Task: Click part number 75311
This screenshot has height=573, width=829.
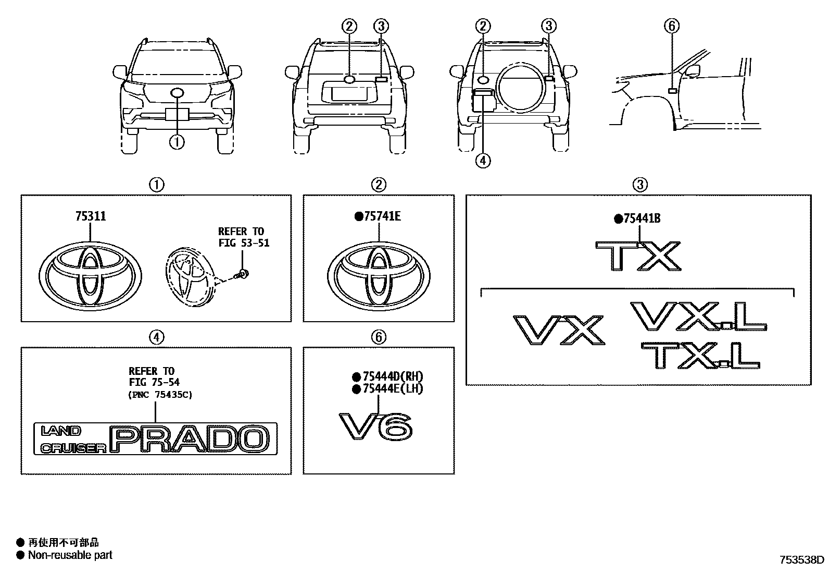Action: pos(90,216)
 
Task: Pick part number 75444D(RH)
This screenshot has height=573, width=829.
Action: pos(392,377)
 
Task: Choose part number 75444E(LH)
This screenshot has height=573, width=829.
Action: pos(392,389)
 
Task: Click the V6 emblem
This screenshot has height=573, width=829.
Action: pos(376,426)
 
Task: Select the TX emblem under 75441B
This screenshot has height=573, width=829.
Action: pos(638,255)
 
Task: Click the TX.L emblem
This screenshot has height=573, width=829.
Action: pos(700,356)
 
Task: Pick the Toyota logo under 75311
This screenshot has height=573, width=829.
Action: pos(90,273)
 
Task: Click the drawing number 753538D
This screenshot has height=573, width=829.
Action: pos(801,560)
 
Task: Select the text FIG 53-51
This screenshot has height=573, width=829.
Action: pos(244,243)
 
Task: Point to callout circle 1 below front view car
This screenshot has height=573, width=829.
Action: pos(177,141)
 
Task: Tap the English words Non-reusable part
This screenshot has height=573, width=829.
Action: pos(70,555)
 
